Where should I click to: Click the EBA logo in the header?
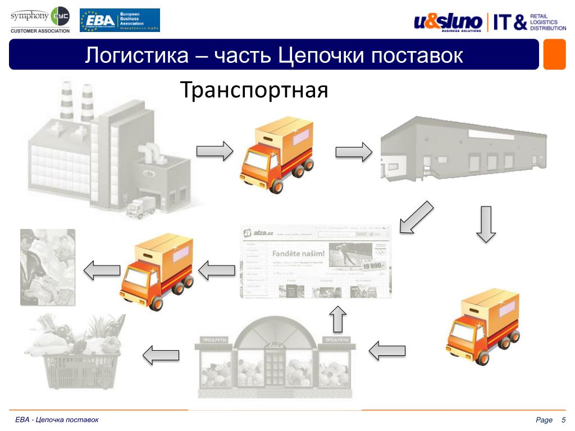click(x=120, y=20)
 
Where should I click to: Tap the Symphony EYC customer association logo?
click(x=39, y=20)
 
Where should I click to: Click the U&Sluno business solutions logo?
click(x=448, y=22)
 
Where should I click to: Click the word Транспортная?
click(x=253, y=90)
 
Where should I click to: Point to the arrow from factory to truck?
click(x=215, y=150)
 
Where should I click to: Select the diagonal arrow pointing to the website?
click(x=416, y=217)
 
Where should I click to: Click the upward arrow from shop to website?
click(x=337, y=319)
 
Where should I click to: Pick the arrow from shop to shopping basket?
click(x=161, y=355)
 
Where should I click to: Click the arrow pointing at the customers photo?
click(x=102, y=270)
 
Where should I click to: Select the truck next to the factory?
click(x=277, y=155)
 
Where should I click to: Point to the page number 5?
click(x=563, y=421)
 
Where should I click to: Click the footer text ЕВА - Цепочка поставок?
click(x=57, y=420)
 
